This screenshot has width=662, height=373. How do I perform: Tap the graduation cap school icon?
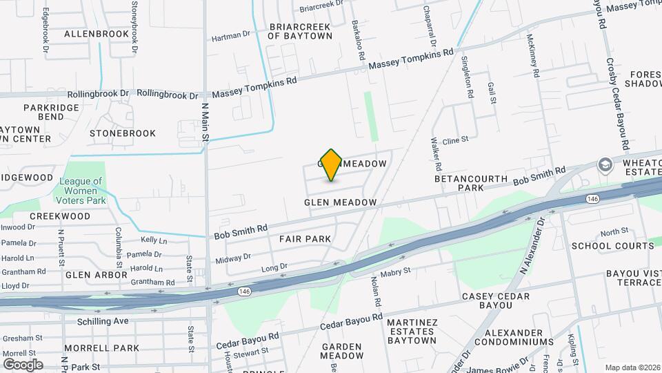[605, 164]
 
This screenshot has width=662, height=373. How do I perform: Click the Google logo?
[23, 364]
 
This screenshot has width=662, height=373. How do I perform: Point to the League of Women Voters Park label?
[81, 191]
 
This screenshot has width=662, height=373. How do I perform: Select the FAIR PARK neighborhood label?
[305, 239]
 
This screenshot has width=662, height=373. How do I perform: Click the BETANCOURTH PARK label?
[471, 183]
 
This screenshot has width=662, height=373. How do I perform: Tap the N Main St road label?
[204, 123]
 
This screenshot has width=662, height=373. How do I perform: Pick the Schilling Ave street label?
[103, 321]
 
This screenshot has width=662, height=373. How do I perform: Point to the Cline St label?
[456, 140]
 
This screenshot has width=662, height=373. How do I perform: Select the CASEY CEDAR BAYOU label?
[496, 301]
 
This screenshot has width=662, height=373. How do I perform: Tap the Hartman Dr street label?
[230, 36]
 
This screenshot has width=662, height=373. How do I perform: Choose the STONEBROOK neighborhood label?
[123, 133]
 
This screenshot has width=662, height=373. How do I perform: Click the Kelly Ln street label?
[154, 240]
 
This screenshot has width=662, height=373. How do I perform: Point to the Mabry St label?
[396, 271]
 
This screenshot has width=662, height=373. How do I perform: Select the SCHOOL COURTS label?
[612, 246]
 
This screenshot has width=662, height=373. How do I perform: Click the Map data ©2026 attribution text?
[632, 367]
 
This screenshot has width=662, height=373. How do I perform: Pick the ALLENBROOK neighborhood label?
[97, 33]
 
